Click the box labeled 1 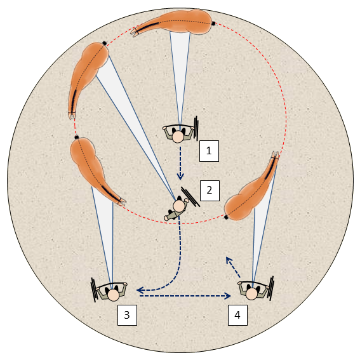(209, 151)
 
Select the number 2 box (210, 190)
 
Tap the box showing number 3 (127, 315)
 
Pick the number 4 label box (237, 315)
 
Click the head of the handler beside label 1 (178, 137)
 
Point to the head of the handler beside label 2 (178, 206)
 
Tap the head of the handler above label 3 (114, 295)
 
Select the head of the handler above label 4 (252, 294)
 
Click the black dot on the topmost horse (213, 23)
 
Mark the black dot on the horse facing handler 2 (105, 43)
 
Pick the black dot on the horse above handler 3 (77, 137)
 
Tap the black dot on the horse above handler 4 (226, 217)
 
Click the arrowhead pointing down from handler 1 (180, 177)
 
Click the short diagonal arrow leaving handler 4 (233, 267)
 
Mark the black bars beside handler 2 (190, 197)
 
